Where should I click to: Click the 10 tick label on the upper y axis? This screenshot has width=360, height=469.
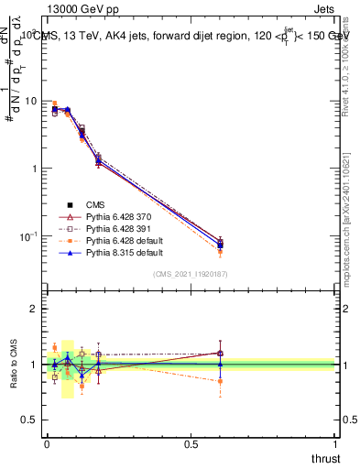click(x=31, y=101)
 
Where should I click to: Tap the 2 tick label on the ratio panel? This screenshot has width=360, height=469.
click(x=35, y=309)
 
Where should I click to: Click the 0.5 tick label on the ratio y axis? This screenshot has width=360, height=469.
click(x=30, y=420)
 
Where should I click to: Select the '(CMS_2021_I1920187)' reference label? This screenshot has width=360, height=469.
click(x=191, y=273)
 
